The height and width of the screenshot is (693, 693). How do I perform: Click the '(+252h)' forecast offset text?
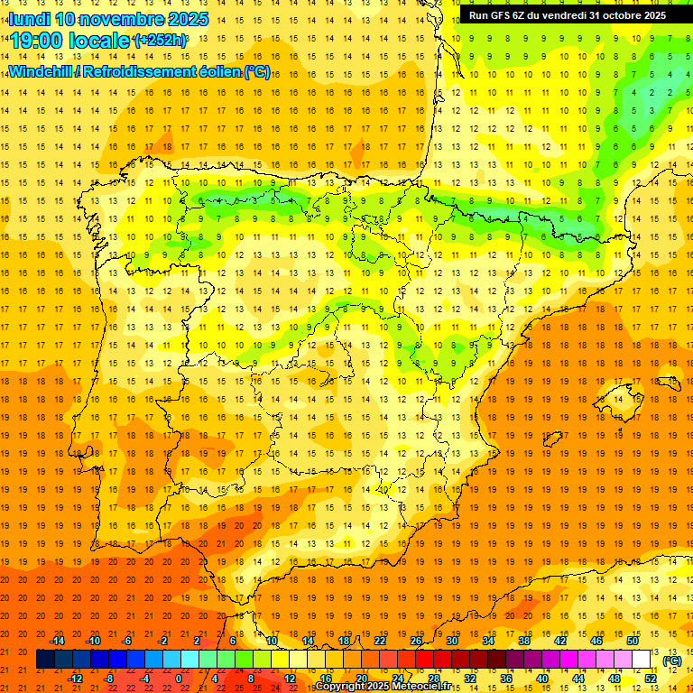point(161,41)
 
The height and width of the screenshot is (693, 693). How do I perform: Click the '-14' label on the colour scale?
point(58,641)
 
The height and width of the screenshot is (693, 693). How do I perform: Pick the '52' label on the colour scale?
point(651,679)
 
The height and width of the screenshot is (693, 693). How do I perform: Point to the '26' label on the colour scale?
point(416,641)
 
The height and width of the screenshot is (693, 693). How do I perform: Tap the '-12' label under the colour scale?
point(76,679)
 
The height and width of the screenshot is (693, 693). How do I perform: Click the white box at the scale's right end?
point(642,660)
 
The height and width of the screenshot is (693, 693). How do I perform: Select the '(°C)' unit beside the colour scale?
point(671,661)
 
